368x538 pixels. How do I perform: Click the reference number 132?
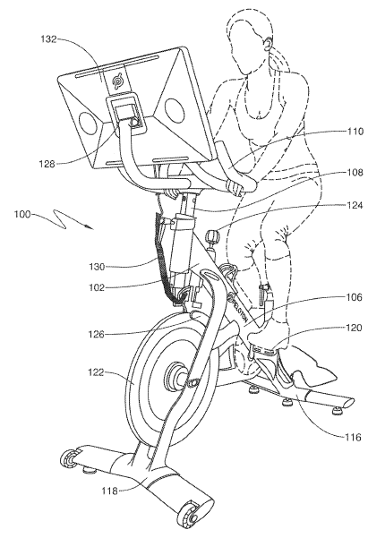click(x=48, y=39)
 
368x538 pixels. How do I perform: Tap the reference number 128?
click(x=47, y=164)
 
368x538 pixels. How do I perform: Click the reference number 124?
click(x=355, y=205)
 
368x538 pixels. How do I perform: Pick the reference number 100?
click(x=21, y=215)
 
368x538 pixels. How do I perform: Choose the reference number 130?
click(x=97, y=267)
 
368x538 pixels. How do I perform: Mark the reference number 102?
click(x=97, y=287)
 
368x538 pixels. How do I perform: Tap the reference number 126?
click(x=97, y=334)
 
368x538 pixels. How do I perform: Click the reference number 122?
click(x=97, y=372)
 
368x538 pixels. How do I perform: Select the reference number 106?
click(x=355, y=297)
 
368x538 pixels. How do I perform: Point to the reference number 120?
click(x=355, y=328)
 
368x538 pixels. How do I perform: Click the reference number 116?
click(x=354, y=438)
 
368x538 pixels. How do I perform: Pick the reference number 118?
click(x=109, y=491)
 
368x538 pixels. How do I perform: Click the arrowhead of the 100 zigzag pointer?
click(x=90, y=228)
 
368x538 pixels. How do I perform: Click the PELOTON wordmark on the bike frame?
click(x=239, y=309)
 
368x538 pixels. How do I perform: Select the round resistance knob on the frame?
click(x=211, y=236)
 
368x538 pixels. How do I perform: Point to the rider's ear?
click(x=268, y=43)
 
